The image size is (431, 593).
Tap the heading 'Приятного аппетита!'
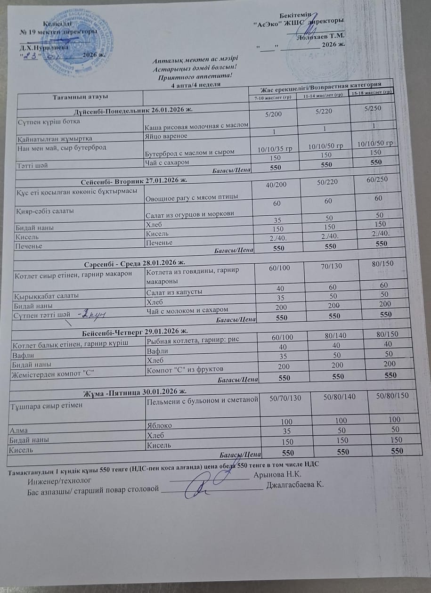coord(196,77)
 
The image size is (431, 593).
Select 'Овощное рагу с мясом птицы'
coord(190,196)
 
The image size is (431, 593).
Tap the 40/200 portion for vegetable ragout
coord(276,185)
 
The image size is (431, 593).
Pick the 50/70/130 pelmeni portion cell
coord(284,399)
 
